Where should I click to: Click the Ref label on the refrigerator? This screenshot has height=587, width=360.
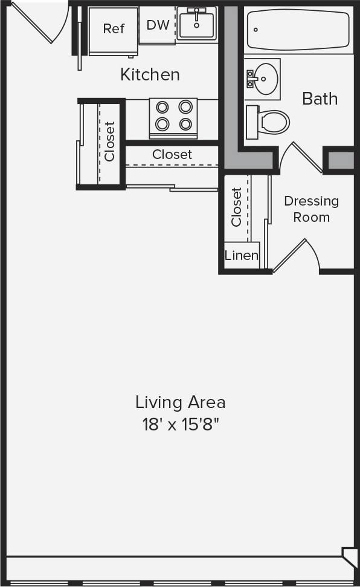(x=114, y=28)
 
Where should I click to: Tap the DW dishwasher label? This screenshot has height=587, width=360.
(x=158, y=25)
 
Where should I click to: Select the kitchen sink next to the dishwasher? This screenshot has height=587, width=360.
(x=197, y=24)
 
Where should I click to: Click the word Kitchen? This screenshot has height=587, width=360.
(x=150, y=75)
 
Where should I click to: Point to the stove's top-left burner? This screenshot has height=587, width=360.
(x=162, y=107)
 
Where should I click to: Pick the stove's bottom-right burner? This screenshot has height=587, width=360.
(x=185, y=124)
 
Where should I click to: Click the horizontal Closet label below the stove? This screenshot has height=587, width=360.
(x=172, y=155)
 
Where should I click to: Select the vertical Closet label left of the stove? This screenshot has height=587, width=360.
(x=109, y=142)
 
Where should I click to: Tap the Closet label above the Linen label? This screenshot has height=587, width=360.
(x=236, y=207)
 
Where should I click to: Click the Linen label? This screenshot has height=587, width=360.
(x=242, y=256)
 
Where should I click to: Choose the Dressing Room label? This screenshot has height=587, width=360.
(x=311, y=209)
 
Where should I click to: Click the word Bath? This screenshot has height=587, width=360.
(x=320, y=99)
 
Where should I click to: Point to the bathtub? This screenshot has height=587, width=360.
(x=298, y=30)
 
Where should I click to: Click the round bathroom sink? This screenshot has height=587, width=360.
(x=263, y=78)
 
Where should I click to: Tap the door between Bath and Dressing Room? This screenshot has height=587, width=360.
(x=302, y=157)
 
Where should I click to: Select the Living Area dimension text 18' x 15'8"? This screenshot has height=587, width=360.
(x=180, y=424)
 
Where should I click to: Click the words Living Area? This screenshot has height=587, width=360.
(x=180, y=402)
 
